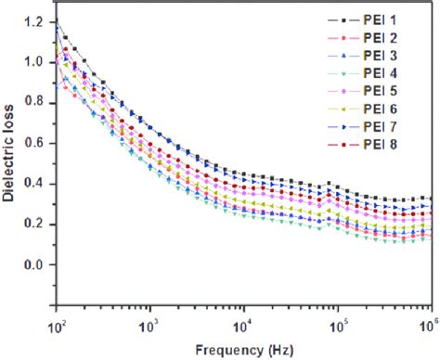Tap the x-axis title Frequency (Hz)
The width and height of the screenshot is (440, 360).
point(243,350)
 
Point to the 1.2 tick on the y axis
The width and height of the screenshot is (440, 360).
point(36,21)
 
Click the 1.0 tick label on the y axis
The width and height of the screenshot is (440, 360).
point(36,62)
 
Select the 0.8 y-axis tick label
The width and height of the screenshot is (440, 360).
point(36,103)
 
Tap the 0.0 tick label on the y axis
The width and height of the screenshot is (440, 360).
point(36,264)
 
